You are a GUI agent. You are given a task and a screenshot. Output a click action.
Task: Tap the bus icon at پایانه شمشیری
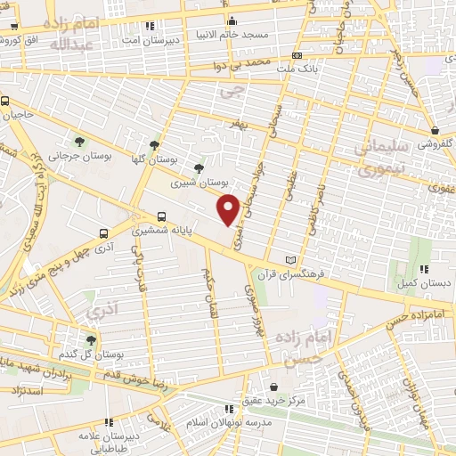(x=161, y=216)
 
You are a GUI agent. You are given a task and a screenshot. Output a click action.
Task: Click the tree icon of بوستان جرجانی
(x=79, y=141)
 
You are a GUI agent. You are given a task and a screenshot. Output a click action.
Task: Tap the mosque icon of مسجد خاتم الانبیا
(x=232, y=20)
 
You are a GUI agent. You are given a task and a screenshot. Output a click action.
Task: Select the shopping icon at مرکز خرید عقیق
(x=272, y=387)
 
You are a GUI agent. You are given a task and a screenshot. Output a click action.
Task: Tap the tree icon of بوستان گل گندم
(x=90, y=339)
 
